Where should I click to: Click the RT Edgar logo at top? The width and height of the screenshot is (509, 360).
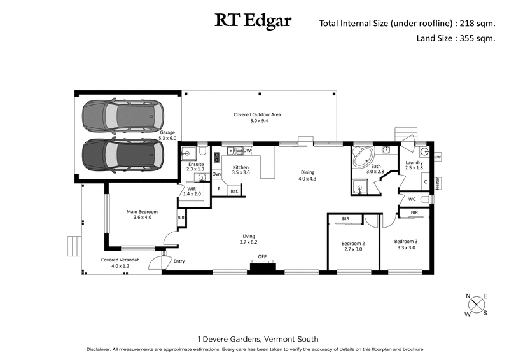click(253, 21)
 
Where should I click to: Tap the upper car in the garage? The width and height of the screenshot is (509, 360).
click(122, 114)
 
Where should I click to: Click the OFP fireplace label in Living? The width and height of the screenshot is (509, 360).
click(262, 257)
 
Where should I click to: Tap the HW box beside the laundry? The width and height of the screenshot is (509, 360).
click(437, 157)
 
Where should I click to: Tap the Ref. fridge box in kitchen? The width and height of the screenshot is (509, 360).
click(234, 191)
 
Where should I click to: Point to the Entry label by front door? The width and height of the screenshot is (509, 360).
click(179, 261)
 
